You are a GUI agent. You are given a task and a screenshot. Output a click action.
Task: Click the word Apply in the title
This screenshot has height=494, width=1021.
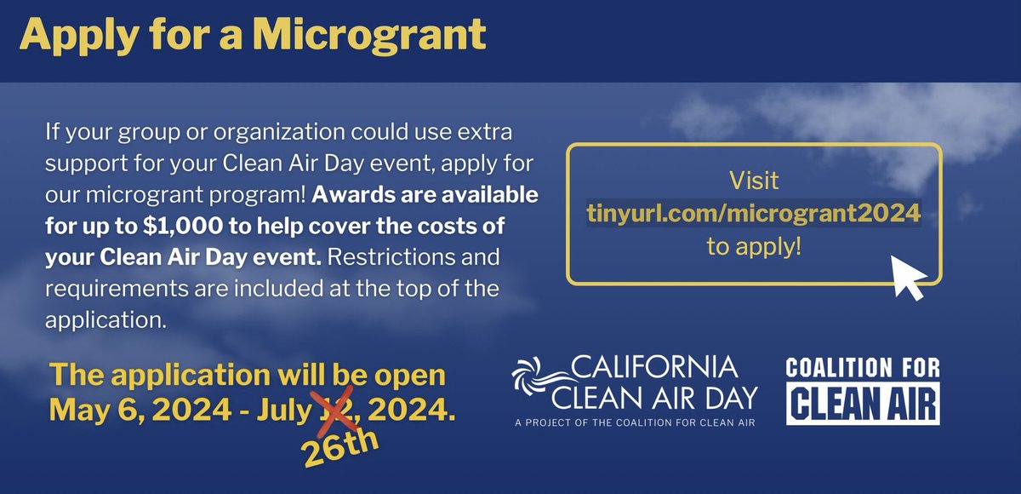(69, 35)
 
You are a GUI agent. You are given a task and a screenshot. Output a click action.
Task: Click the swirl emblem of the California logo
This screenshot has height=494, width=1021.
(543, 381)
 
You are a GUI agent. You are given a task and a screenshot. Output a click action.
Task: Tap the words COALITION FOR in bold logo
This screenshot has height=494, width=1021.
(862, 369)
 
